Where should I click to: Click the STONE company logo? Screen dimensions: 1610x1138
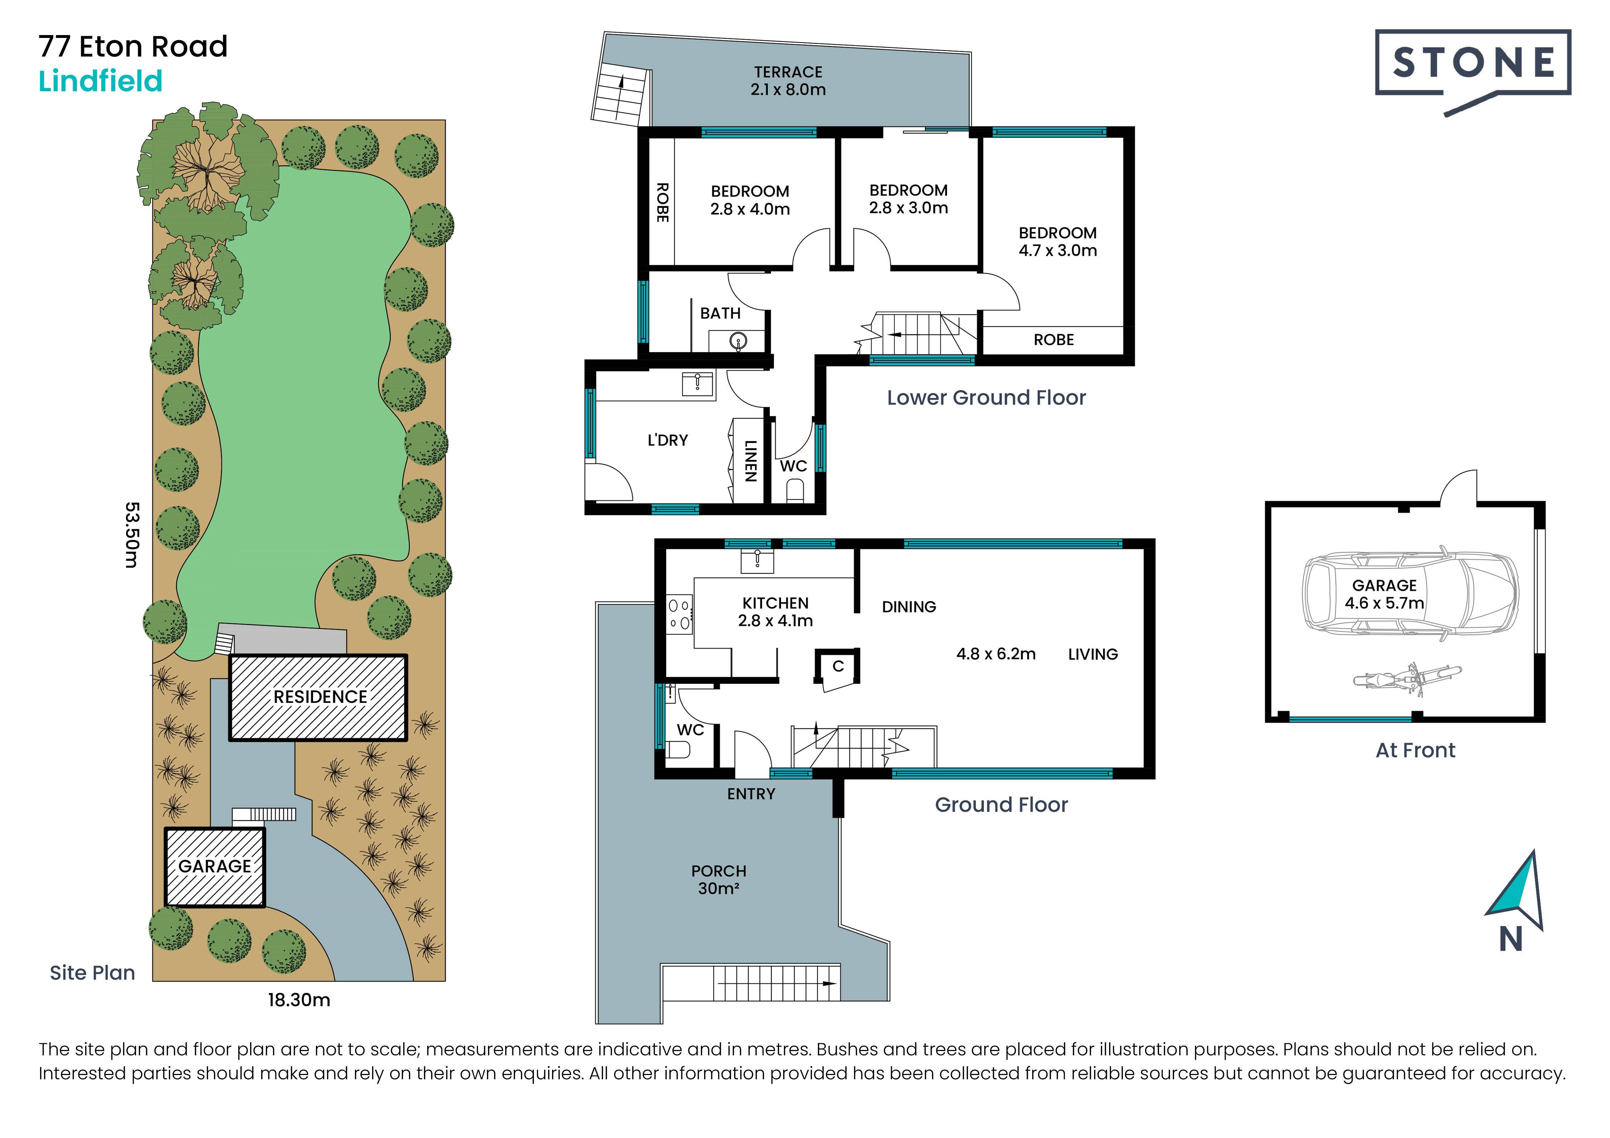(x=1473, y=70)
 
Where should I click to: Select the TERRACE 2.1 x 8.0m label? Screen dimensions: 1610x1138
(x=788, y=81)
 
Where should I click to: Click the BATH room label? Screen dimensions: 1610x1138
(x=720, y=313)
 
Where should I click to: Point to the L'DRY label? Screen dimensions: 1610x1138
(x=668, y=440)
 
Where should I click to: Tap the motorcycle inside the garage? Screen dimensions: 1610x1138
(x=1407, y=679)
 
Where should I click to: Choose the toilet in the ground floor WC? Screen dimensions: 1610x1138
(x=677, y=750)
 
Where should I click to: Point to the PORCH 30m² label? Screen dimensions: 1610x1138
(x=719, y=879)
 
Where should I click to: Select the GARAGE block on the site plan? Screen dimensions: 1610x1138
(x=215, y=867)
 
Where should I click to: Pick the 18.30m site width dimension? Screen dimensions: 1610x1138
(x=299, y=1000)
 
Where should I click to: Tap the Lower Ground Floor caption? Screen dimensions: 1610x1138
(x=986, y=398)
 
